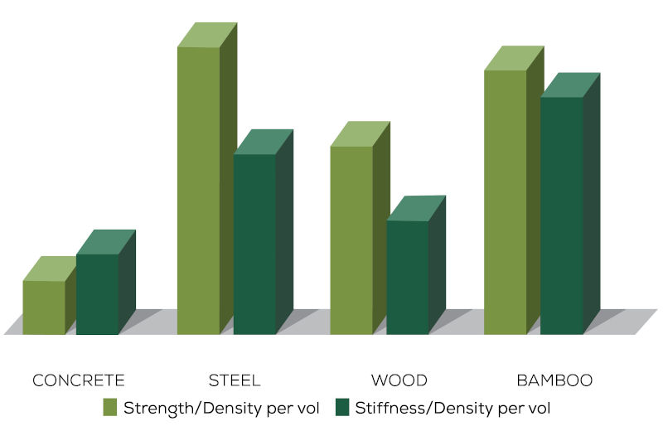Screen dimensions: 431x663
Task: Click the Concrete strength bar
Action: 44,308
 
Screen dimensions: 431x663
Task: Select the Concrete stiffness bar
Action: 97,294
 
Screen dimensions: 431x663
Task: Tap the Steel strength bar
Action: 199,191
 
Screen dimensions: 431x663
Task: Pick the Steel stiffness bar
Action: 254,245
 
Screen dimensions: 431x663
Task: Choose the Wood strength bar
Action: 351,240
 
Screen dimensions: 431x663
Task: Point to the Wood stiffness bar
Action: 408,278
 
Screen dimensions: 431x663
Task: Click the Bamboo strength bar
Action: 506,202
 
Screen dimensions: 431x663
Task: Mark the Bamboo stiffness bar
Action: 562,215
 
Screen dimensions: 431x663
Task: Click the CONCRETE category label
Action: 79,381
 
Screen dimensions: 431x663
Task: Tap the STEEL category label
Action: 235,381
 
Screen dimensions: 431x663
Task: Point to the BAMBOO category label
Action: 554,381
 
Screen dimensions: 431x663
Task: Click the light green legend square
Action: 111,407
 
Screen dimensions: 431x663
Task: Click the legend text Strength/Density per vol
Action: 221,408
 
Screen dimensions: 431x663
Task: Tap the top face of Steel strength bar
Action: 207,35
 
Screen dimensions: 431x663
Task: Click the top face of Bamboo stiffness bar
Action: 570,85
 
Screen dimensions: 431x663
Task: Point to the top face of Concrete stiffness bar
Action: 106,242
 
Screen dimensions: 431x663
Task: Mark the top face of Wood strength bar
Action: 360,134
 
